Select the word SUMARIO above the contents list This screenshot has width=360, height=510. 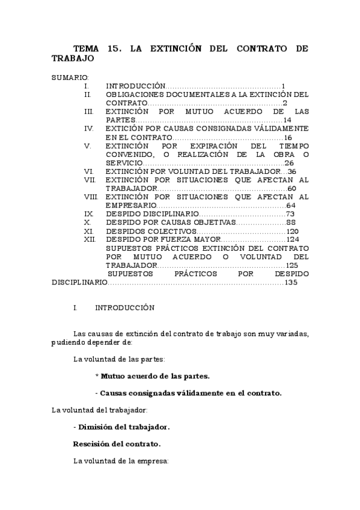pos(70,78)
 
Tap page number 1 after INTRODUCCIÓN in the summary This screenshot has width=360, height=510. pos(282,87)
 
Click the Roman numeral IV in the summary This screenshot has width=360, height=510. pos(88,129)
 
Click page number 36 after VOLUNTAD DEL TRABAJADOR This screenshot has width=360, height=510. pos(292,171)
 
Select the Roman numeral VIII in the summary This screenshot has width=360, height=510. pos(91,197)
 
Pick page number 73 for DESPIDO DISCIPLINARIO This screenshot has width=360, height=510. pos(290,214)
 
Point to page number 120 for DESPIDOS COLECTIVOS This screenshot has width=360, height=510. pos(292,231)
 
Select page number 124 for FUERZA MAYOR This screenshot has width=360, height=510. pos(292,239)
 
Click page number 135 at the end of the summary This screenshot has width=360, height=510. pos(291,282)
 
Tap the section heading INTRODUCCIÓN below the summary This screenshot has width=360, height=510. pos(124,308)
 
